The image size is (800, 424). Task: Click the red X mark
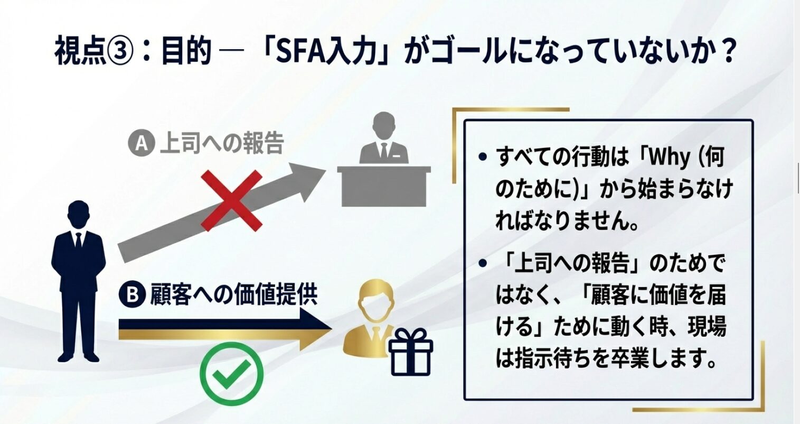[231, 200]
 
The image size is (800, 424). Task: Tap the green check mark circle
[231, 374]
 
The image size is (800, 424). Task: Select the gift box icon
[410, 352]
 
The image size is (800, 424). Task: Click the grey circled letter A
[142, 144]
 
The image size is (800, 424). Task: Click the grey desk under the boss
[384, 186]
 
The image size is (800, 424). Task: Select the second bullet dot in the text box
[483, 263]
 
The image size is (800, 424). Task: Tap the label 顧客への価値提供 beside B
[234, 294]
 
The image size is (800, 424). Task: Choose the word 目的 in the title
[186, 52]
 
